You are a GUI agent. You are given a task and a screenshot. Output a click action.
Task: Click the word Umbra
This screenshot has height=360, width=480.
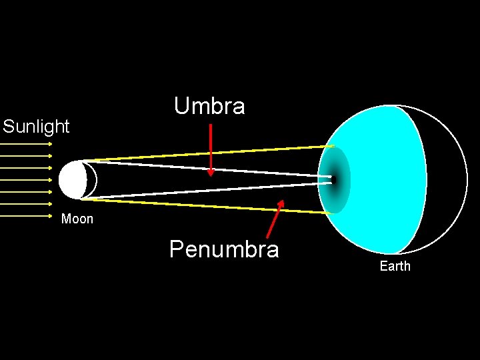coord(209,106)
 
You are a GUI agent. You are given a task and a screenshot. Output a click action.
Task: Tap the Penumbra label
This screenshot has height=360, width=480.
coord(224,249)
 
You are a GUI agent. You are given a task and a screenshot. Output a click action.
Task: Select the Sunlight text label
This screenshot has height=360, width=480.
coord(36,127)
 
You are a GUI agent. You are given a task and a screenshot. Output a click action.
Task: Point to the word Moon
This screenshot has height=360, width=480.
coord(77,219)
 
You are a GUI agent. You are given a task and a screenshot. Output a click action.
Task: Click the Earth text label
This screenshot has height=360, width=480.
coord(395,267)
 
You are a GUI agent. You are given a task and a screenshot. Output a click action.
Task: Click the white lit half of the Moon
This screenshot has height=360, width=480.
coord(71,180)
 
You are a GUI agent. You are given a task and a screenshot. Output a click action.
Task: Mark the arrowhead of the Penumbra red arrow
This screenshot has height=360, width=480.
coord(281,203)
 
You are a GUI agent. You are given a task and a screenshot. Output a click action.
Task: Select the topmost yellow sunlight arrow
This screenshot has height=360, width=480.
coord(27,143)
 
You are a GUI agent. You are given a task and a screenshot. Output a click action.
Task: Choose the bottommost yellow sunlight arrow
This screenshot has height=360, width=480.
coord(27,216)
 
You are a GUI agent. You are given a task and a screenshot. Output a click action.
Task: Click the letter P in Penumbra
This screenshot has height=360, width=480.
coord(177,249)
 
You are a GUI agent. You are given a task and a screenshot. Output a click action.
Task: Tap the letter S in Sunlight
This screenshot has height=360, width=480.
coord(8,127)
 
